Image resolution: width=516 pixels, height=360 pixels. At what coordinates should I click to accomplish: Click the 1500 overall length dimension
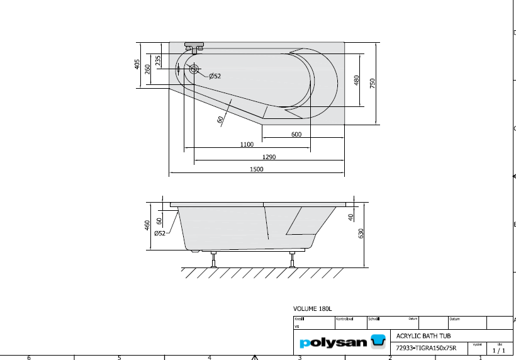click(x=256, y=169)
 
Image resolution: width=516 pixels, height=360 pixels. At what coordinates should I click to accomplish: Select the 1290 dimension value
click(x=269, y=157)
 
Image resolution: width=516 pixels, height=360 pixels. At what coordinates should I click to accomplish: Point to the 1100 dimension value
click(x=247, y=145)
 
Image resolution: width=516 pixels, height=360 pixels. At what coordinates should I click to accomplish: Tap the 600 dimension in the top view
click(x=296, y=134)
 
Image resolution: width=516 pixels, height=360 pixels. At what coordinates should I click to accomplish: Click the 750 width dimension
click(x=373, y=83)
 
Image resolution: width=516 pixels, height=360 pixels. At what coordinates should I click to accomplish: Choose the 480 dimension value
click(x=356, y=81)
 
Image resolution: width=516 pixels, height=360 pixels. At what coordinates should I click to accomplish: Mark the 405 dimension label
click(x=137, y=64)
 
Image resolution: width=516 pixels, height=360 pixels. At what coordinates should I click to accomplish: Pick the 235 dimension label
click(x=158, y=60)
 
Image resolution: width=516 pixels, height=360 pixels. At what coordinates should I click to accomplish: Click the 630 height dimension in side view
click(x=361, y=233)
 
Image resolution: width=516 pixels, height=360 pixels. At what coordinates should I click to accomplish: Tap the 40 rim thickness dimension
click(x=351, y=217)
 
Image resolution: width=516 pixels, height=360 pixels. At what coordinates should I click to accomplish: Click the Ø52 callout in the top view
click(x=215, y=76)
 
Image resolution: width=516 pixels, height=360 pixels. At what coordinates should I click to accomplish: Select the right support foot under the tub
click(x=292, y=259)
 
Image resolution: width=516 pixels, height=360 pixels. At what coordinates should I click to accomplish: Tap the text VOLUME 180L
click(x=312, y=309)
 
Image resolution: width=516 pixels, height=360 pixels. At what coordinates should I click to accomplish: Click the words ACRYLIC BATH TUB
click(x=423, y=336)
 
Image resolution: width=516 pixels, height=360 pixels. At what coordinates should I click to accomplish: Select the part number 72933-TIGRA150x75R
click(x=426, y=347)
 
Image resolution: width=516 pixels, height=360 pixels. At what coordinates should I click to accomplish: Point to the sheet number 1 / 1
click(x=499, y=350)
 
